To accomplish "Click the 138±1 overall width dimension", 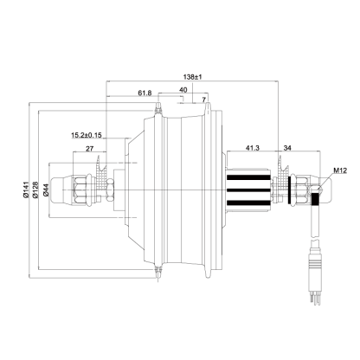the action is click(x=192, y=77).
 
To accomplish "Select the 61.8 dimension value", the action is click(x=145, y=93).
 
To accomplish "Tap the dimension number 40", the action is click(x=183, y=90).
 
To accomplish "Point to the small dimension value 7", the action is click(x=204, y=100).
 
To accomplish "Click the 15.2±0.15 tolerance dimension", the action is click(x=87, y=135).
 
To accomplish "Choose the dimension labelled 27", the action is click(x=90, y=149).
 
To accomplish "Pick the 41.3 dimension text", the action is click(x=253, y=148).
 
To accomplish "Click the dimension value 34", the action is click(x=287, y=148).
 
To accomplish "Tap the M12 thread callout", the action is click(x=340, y=170).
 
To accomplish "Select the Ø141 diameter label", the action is click(x=25, y=190).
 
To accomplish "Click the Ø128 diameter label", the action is click(x=35, y=190).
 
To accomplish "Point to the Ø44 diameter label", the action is click(x=46, y=190).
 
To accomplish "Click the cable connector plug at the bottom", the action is click(x=314, y=265).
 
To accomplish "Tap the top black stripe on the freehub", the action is click(x=248, y=177).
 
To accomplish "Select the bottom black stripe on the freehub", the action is click(x=248, y=203).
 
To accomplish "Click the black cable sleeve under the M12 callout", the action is click(x=315, y=199).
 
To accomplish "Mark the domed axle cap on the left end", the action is click(x=61, y=190).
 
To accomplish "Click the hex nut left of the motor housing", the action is click(x=110, y=190).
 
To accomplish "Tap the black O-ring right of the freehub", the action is click(x=289, y=190).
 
